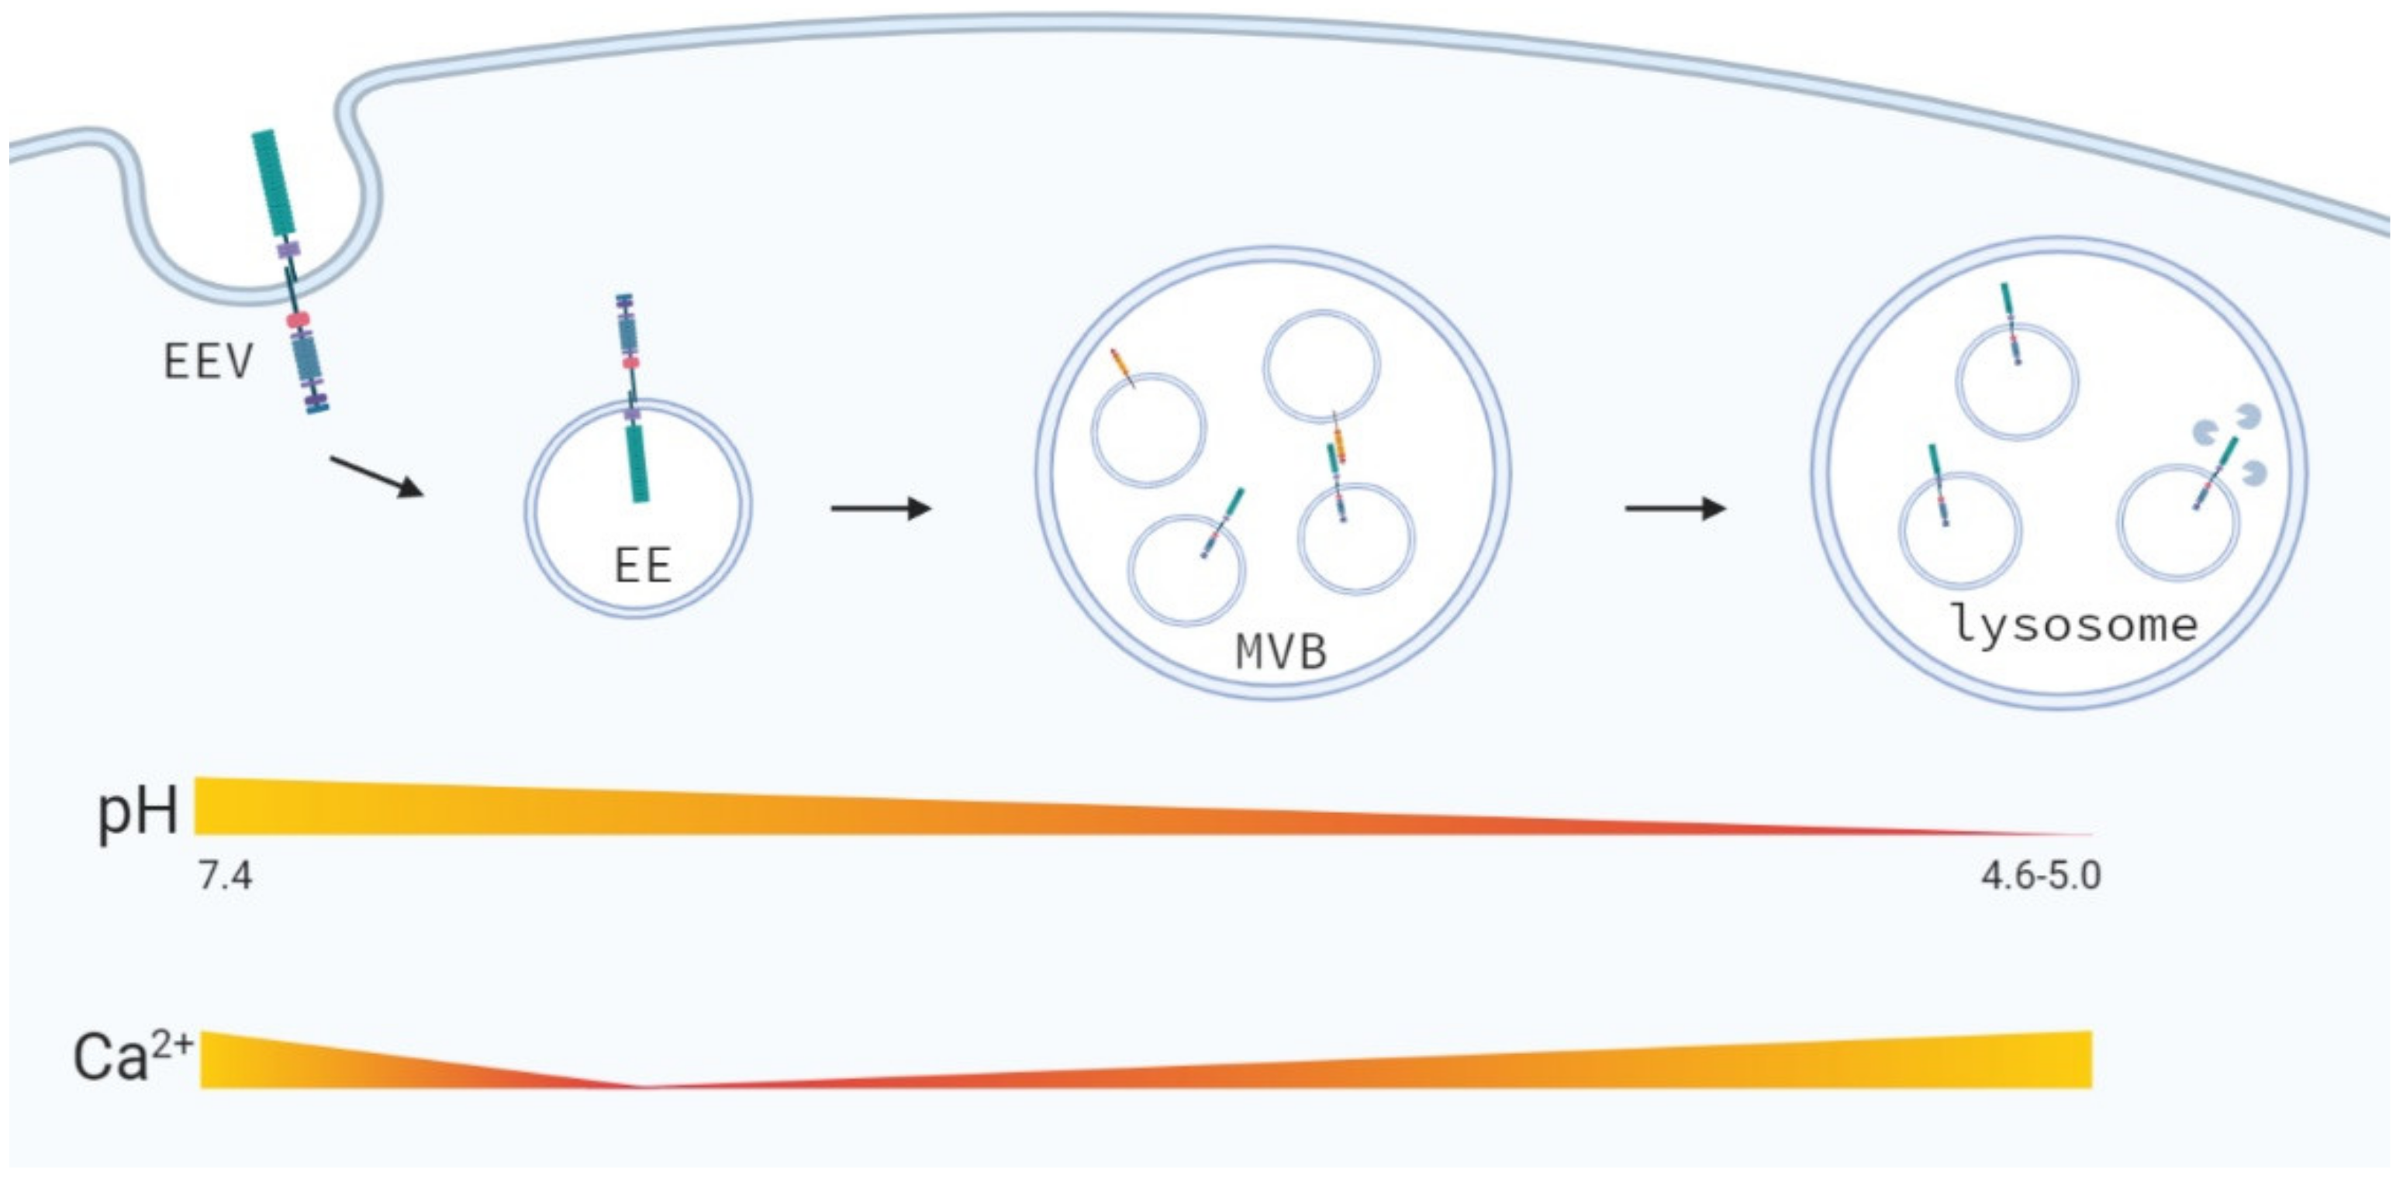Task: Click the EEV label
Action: (208, 361)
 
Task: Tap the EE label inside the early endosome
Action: (643, 565)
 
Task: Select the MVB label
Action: (1281, 652)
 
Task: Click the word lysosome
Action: (2073, 624)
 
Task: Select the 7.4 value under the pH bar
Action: (225, 877)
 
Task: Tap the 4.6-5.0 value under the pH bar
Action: (2041, 877)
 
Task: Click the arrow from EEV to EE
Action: (377, 477)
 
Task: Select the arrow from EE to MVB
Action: (881, 508)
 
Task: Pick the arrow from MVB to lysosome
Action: (1676, 508)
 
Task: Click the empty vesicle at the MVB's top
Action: (1321, 367)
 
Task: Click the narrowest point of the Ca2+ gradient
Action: (644, 1087)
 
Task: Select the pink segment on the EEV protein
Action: (298, 321)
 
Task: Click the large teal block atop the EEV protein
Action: (273, 182)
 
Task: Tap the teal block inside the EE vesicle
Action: (637, 463)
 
